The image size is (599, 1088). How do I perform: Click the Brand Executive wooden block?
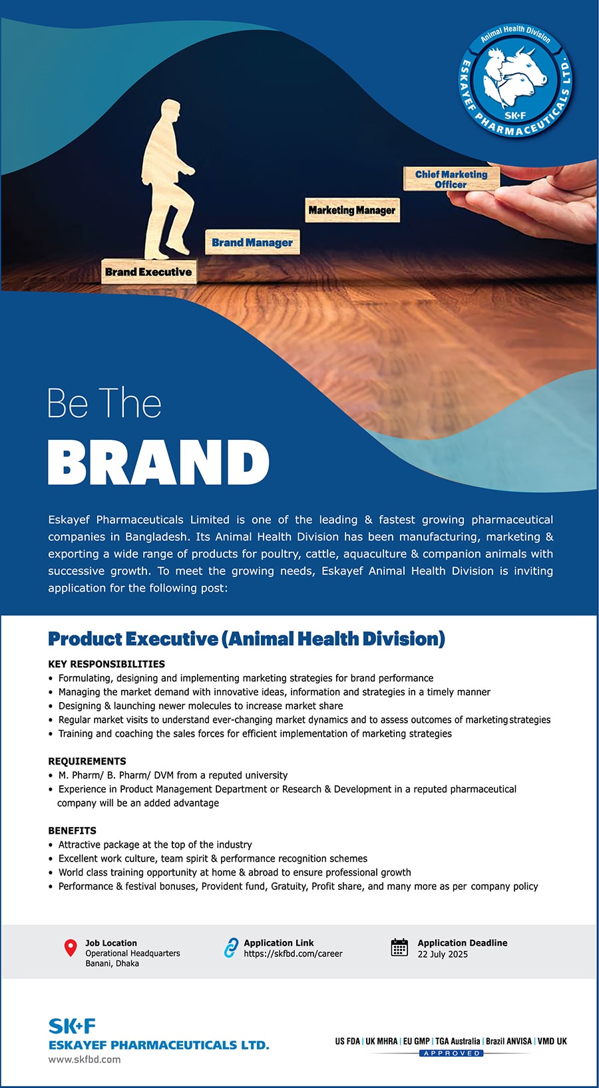pyautogui.click(x=148, y=272)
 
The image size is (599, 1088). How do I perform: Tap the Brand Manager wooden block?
pyautogui.click(x=252, y=242)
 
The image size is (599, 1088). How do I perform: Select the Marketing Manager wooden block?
pyautogui.click(x=352, y=210)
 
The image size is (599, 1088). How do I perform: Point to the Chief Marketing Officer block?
pyautogui.click(x=451, y=179)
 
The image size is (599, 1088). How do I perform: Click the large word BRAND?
pyautogui.click(x=158, y=462)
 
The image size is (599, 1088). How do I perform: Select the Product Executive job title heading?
pyautogui.click(x=246, y=639)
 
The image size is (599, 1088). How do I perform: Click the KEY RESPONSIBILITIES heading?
pyautogui.click(x=106, y=663)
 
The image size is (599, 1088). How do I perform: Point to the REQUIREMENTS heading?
pyautogui.click(x=87, y=761)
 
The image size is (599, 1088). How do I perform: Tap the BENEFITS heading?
pyautogui.click(x=72, y=830)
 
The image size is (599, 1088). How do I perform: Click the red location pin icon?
pyautogui.click(x=70, y=948)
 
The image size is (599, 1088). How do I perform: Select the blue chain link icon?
pyautogui.click(x=230, y=948)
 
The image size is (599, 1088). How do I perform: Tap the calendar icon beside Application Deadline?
pyautogui.click(x=399, y=947)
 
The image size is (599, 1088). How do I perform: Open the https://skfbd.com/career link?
pyautogui.click(x=293, y=954)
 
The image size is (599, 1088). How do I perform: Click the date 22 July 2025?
pyautogui.click(x=443, y=954)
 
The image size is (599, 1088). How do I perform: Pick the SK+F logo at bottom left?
pyautogui.click(x=72, y=1025)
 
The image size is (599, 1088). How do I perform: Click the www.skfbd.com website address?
pyautogui.click(x=85, y=1059)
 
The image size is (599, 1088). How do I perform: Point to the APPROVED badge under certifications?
pyautogui.click(x=451, y=1053)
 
